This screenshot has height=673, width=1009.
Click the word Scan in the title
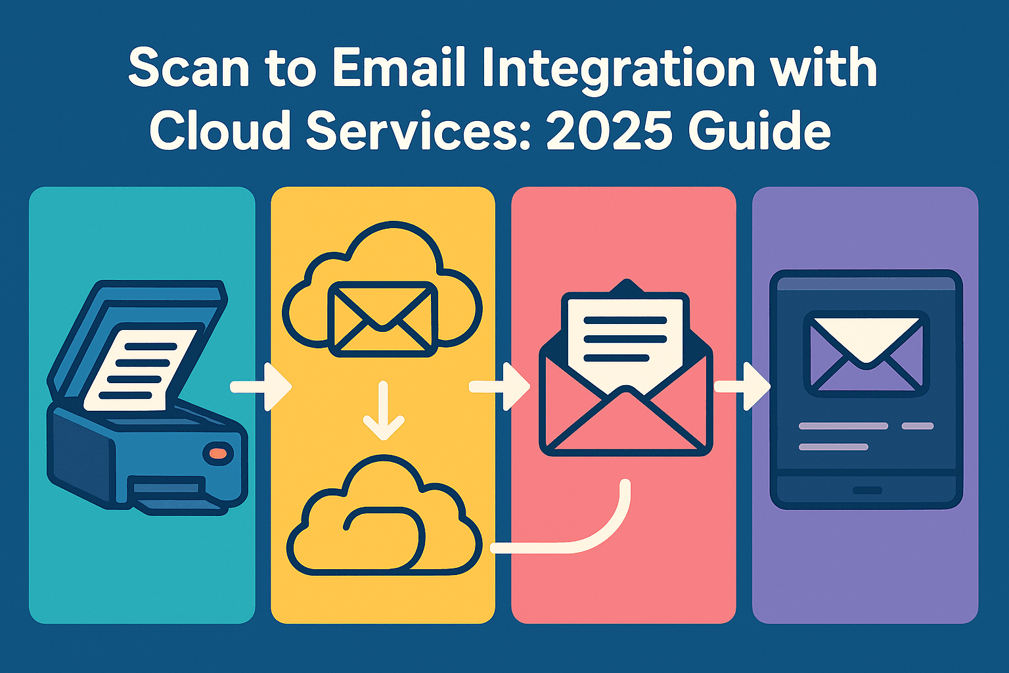[189, 68]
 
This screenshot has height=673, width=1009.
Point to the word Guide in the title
[759, 129]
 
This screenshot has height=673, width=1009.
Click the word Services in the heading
[420, 129]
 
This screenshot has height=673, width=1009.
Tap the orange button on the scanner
[217, 452]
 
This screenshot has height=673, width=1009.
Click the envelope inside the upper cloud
[382, 318]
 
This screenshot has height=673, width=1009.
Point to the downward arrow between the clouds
[384, 411]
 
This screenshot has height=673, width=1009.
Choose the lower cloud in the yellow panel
[384, 519]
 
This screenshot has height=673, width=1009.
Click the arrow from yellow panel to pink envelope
[499, 387]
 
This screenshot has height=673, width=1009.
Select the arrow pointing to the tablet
[742, 387]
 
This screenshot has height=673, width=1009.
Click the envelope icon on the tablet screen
[866, 354]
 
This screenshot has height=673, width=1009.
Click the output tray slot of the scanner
[168, 490]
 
